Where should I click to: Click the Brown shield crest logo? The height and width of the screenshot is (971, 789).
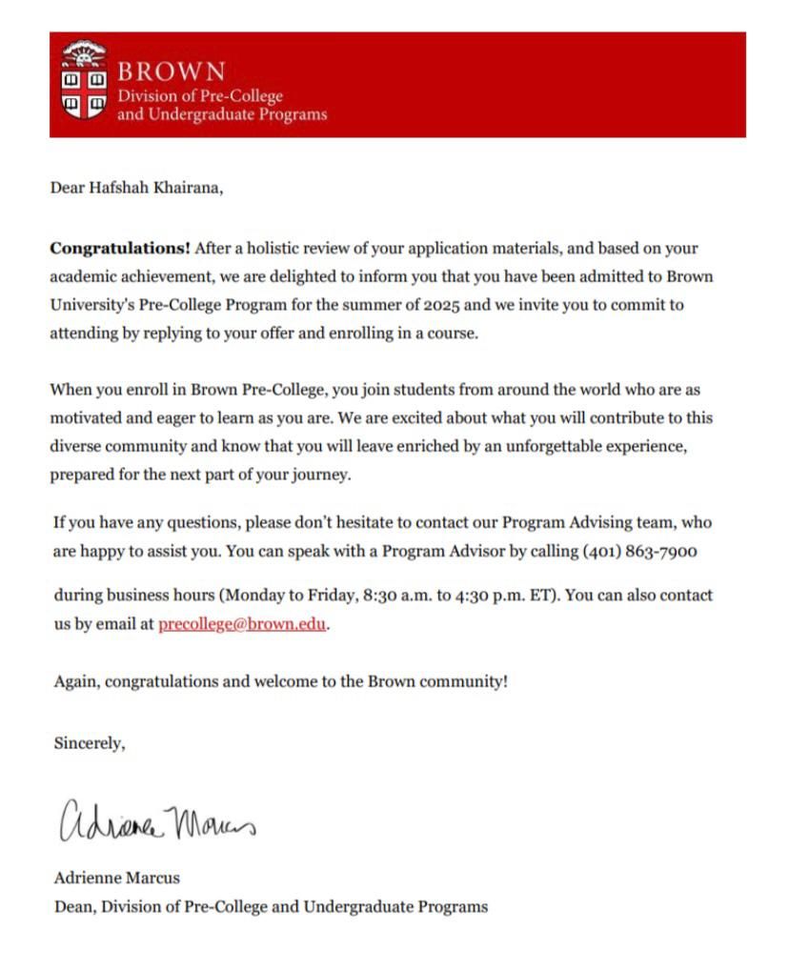pyautogui.click(x=84, y=80)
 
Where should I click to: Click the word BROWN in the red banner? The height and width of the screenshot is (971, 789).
pyautogui.click(x=172, y=72)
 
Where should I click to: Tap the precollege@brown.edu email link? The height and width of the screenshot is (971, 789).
pyautogui.click(x=242, y=625)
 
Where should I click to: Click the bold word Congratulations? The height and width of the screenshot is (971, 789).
pyautogui.click(x=120, y=249)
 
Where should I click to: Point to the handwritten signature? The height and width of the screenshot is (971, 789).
pyautogui.click(x=157, y=820)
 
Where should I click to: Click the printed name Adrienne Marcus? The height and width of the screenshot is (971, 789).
pyautogui.click(x=116, y=878)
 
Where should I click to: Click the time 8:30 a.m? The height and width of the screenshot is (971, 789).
pyautogui.click(x=398, y=596)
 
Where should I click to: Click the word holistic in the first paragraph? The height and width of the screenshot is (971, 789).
pyautogui.click(x=272, y=249)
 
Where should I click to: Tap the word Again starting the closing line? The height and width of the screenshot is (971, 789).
pyautogui.click(x=76, y=682)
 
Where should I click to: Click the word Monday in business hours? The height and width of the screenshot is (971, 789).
pyautogui.click(x=254, y=596)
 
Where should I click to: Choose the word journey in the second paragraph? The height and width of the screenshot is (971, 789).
pyautogui.click(x=320, y=475)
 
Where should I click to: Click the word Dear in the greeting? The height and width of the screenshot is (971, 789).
pyautogui.click(x=68, y=188)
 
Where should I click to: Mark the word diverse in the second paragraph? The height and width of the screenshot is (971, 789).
pyautogui.click(x=75, y=446)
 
